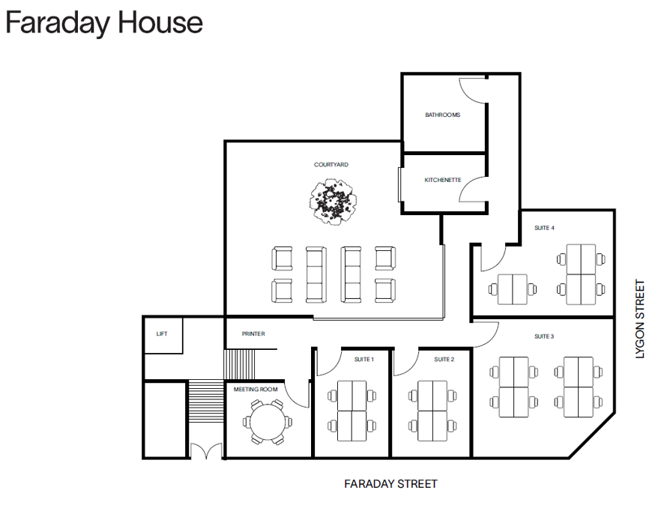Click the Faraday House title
point(104,22)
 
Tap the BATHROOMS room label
point(442,115)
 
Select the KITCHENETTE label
point(442,180)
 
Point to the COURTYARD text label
point(331,165)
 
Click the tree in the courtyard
point(333,201)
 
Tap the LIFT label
point(162,333)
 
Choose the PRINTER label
point(253,333)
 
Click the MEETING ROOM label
point(256,390)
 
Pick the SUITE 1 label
point(364,360)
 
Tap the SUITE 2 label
point(444,360)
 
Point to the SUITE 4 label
point(543,228)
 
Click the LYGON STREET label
point(639,319)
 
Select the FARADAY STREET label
point(390,484)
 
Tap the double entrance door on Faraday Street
point(205,450)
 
